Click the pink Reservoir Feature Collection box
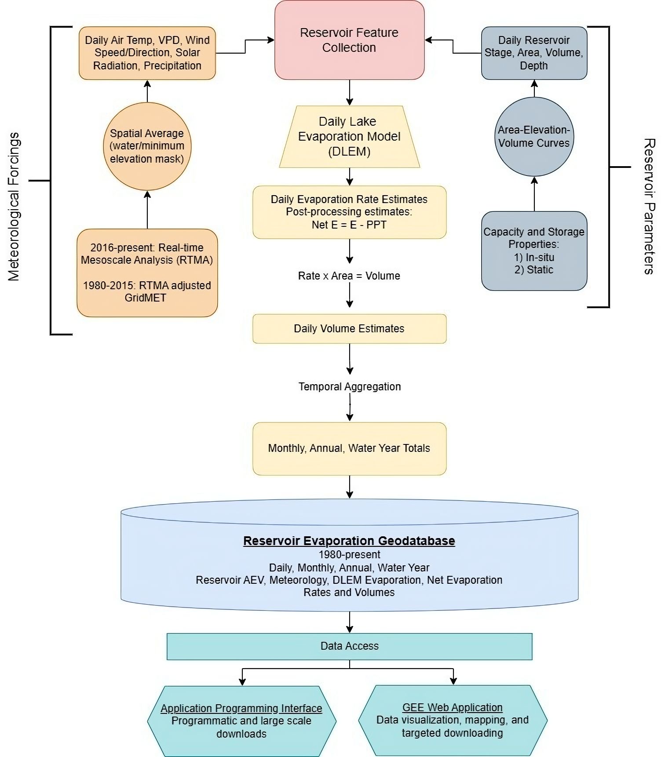[x=349, y=40]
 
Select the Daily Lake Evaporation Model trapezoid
[x=349, y=136]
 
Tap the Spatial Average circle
[x=147, y=146]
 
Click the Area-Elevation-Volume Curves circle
[x=534, y=136]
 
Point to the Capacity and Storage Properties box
[x=534, y=251]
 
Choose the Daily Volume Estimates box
[x=349, y=328]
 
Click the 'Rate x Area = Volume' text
[x=349, y=276]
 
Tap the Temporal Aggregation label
[x=349, y=387]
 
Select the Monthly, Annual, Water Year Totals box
[x=349, y=448]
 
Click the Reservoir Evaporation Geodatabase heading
[x=349, y=541]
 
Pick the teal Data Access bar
[x=349, y=646]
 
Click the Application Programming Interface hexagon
[x=241, y=721]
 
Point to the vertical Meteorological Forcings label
[x=14, y=207]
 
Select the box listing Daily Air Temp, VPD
[x=147, y=53]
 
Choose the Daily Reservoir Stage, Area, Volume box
[x=534, y=53]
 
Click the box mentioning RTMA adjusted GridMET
[x=147, y=273]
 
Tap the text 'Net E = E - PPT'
[x=349, y=225]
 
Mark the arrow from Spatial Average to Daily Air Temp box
[x=147, y=91]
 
